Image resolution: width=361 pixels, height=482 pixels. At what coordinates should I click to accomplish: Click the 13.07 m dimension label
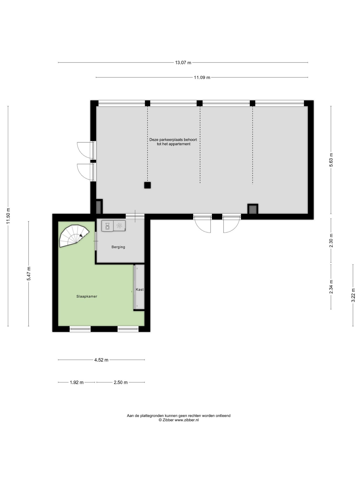183,63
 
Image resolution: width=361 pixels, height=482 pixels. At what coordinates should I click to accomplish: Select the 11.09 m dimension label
202,77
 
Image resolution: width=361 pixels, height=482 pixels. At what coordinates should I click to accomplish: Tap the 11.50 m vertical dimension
8,216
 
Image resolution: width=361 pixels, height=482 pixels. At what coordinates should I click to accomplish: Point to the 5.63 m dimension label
331,160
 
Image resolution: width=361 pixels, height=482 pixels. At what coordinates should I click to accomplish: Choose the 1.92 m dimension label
76,382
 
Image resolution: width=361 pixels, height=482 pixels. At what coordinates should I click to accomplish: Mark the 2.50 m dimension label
121,382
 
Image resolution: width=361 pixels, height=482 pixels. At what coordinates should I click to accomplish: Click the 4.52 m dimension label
101,360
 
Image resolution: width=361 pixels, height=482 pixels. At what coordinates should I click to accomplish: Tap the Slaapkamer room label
87,296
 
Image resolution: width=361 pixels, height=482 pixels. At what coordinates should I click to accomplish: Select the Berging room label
118,247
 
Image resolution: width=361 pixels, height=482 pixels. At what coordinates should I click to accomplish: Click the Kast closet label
140,289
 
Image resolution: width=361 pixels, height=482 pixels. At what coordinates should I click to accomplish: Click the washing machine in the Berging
108,226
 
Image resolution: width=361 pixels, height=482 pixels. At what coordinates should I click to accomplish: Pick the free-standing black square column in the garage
147,185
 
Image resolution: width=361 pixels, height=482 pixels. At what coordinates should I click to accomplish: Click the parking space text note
173,142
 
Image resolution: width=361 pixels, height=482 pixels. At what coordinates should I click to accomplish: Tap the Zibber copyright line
178,420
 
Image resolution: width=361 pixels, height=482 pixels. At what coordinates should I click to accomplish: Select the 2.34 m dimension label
331,287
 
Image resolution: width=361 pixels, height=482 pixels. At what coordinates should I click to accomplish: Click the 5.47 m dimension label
29,274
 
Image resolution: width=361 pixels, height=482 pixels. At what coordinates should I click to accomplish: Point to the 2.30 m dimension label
331,240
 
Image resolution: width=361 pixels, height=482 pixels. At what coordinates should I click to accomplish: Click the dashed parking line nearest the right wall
252,145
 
